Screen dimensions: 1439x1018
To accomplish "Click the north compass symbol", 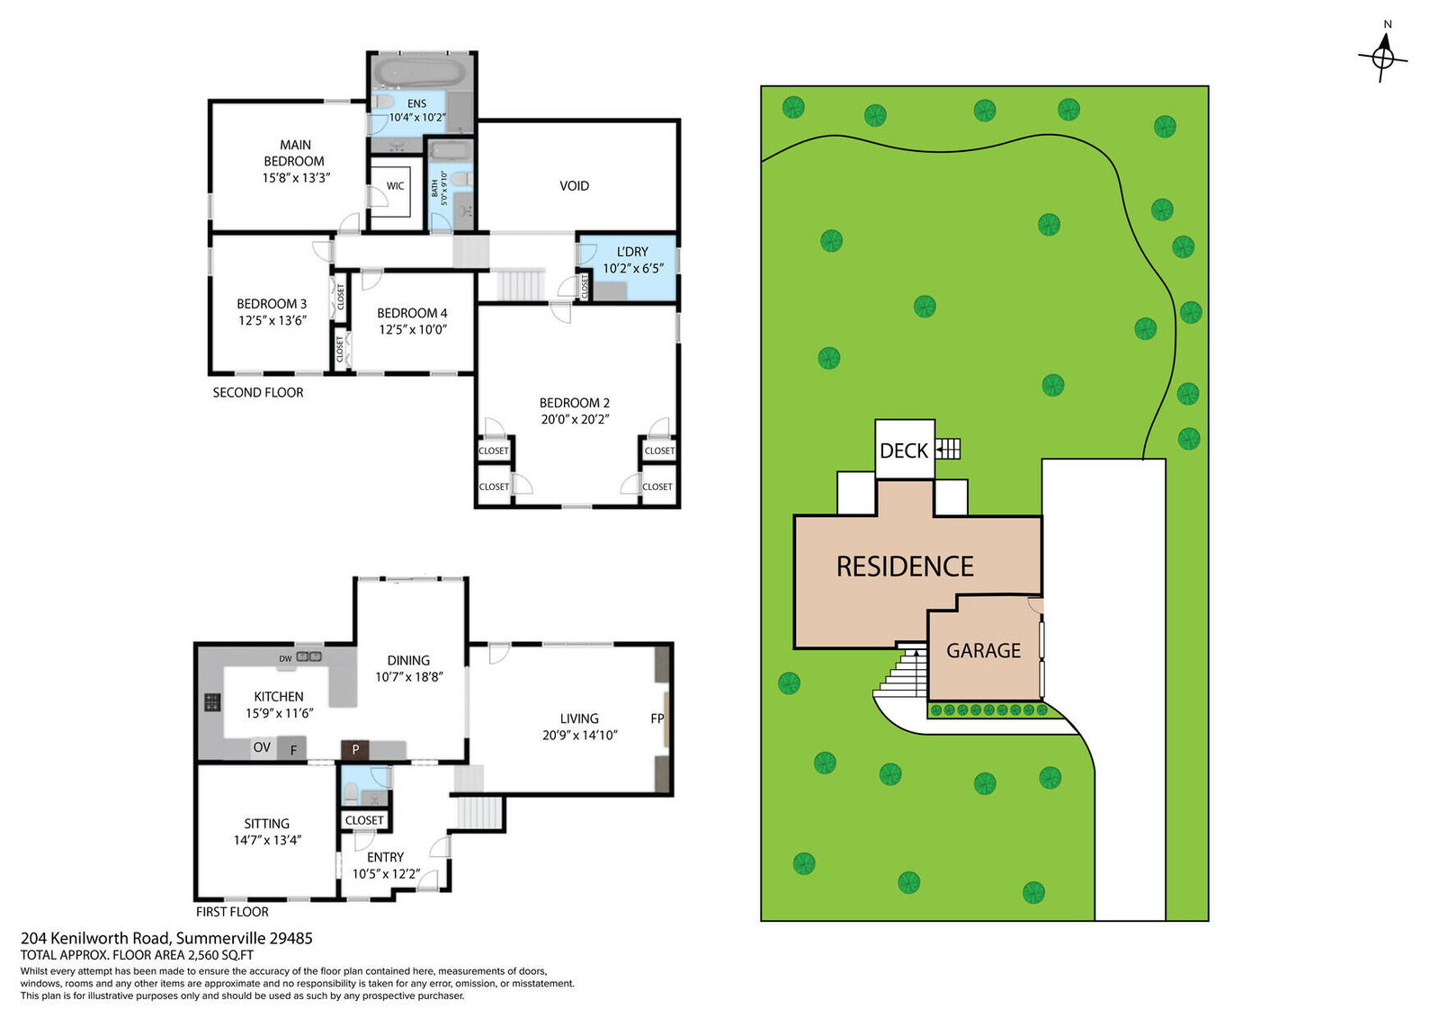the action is coord(1383,58).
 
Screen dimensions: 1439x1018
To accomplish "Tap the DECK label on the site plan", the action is coord(903,451).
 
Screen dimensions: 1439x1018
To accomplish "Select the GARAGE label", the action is coord(983,650).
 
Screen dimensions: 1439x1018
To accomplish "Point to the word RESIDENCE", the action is coord(905,567).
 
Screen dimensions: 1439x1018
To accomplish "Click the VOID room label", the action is coord(574,185).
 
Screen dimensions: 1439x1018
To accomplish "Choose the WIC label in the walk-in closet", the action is coord(395,185).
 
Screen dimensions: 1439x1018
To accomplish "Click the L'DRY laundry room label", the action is coord(632,252).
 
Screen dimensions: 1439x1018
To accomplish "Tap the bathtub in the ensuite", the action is coord(419,73).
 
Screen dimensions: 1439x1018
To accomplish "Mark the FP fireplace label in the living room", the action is coord(657,718).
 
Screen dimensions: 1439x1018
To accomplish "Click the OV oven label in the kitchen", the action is coord(262,747).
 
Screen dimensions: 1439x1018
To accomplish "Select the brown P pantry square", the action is coord(354,749).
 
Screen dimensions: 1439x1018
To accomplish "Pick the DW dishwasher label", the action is coord(285,658).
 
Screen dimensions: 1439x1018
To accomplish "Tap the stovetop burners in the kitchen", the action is coord(212,702).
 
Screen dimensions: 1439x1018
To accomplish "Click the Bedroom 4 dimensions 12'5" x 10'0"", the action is coord(413,329).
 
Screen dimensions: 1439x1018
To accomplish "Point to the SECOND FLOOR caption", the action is coord(257,392).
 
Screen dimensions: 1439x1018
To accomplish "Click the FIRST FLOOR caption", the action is coord(232,911).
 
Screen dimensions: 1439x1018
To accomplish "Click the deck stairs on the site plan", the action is coord(948,449).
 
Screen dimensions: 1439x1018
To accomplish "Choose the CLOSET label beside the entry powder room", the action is coord(363,820).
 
